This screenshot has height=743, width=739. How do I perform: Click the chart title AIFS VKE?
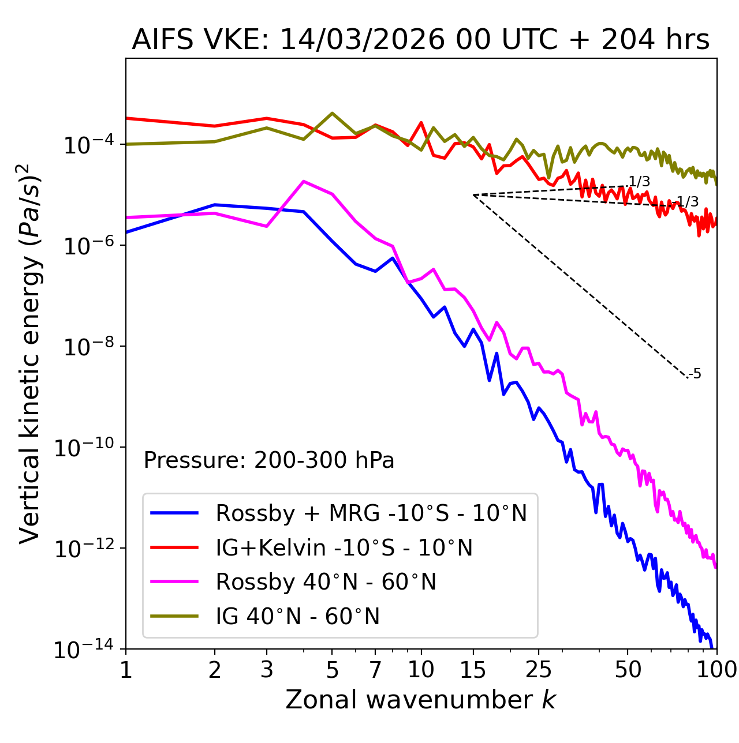click(420, 40)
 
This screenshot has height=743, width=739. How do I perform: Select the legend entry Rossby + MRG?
click(371, 513)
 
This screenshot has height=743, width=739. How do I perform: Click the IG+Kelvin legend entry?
click(344, 547)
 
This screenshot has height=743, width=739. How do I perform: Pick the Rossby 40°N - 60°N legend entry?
click(326, 582)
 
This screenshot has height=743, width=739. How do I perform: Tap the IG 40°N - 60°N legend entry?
click(297, 617)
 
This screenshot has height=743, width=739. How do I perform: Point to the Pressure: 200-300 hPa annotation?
click(269, 460)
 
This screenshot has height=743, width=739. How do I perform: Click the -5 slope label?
click(695, 374)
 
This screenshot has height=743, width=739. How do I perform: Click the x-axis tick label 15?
click(473, 670)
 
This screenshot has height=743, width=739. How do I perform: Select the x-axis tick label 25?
click(539, 670)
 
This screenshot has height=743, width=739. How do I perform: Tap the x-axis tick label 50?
click(628, 670)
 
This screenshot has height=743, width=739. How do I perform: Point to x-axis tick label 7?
click(375, 670)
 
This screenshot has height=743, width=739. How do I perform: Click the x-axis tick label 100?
click(716, 670)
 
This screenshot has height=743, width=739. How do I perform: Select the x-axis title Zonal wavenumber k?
click(420, 700)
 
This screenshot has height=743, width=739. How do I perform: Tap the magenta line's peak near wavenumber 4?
click(304, 181)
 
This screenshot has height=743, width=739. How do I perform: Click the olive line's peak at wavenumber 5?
click(332, 113)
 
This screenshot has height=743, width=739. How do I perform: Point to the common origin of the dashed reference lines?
click(473, 195)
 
